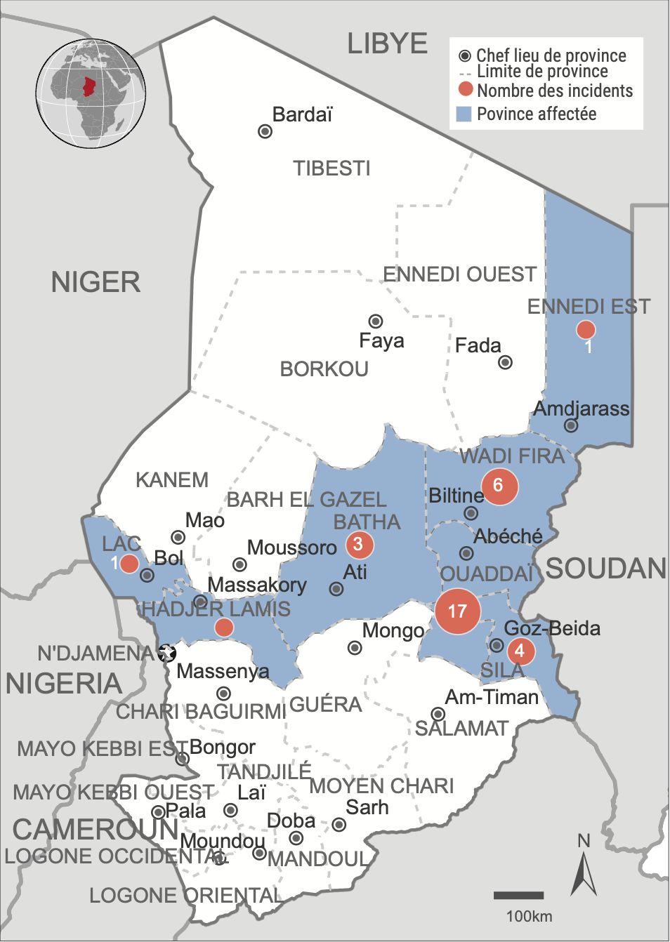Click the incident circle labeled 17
[457, 611]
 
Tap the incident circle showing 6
[499, 485]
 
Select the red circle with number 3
[359, 544]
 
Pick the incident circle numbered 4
[520, 651]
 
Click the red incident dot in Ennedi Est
[586, 329]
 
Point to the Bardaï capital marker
[265, 131]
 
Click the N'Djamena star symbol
[167, 653]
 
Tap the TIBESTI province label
[331, 168]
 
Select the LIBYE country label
[387, 44]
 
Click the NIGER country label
[96, 282]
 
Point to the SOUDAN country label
[605, 569]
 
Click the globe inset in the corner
[91, 93]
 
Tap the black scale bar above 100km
[518, 896]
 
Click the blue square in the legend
[464, 114]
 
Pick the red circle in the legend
[465, 90]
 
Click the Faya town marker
[376, 321]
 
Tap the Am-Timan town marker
[438, 714]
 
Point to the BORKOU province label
[324, 369]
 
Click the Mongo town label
[393, 630]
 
